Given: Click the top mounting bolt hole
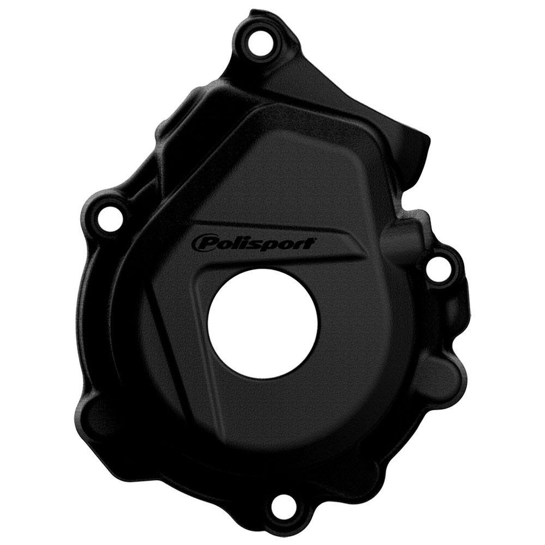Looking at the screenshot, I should [x=258, y=41].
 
